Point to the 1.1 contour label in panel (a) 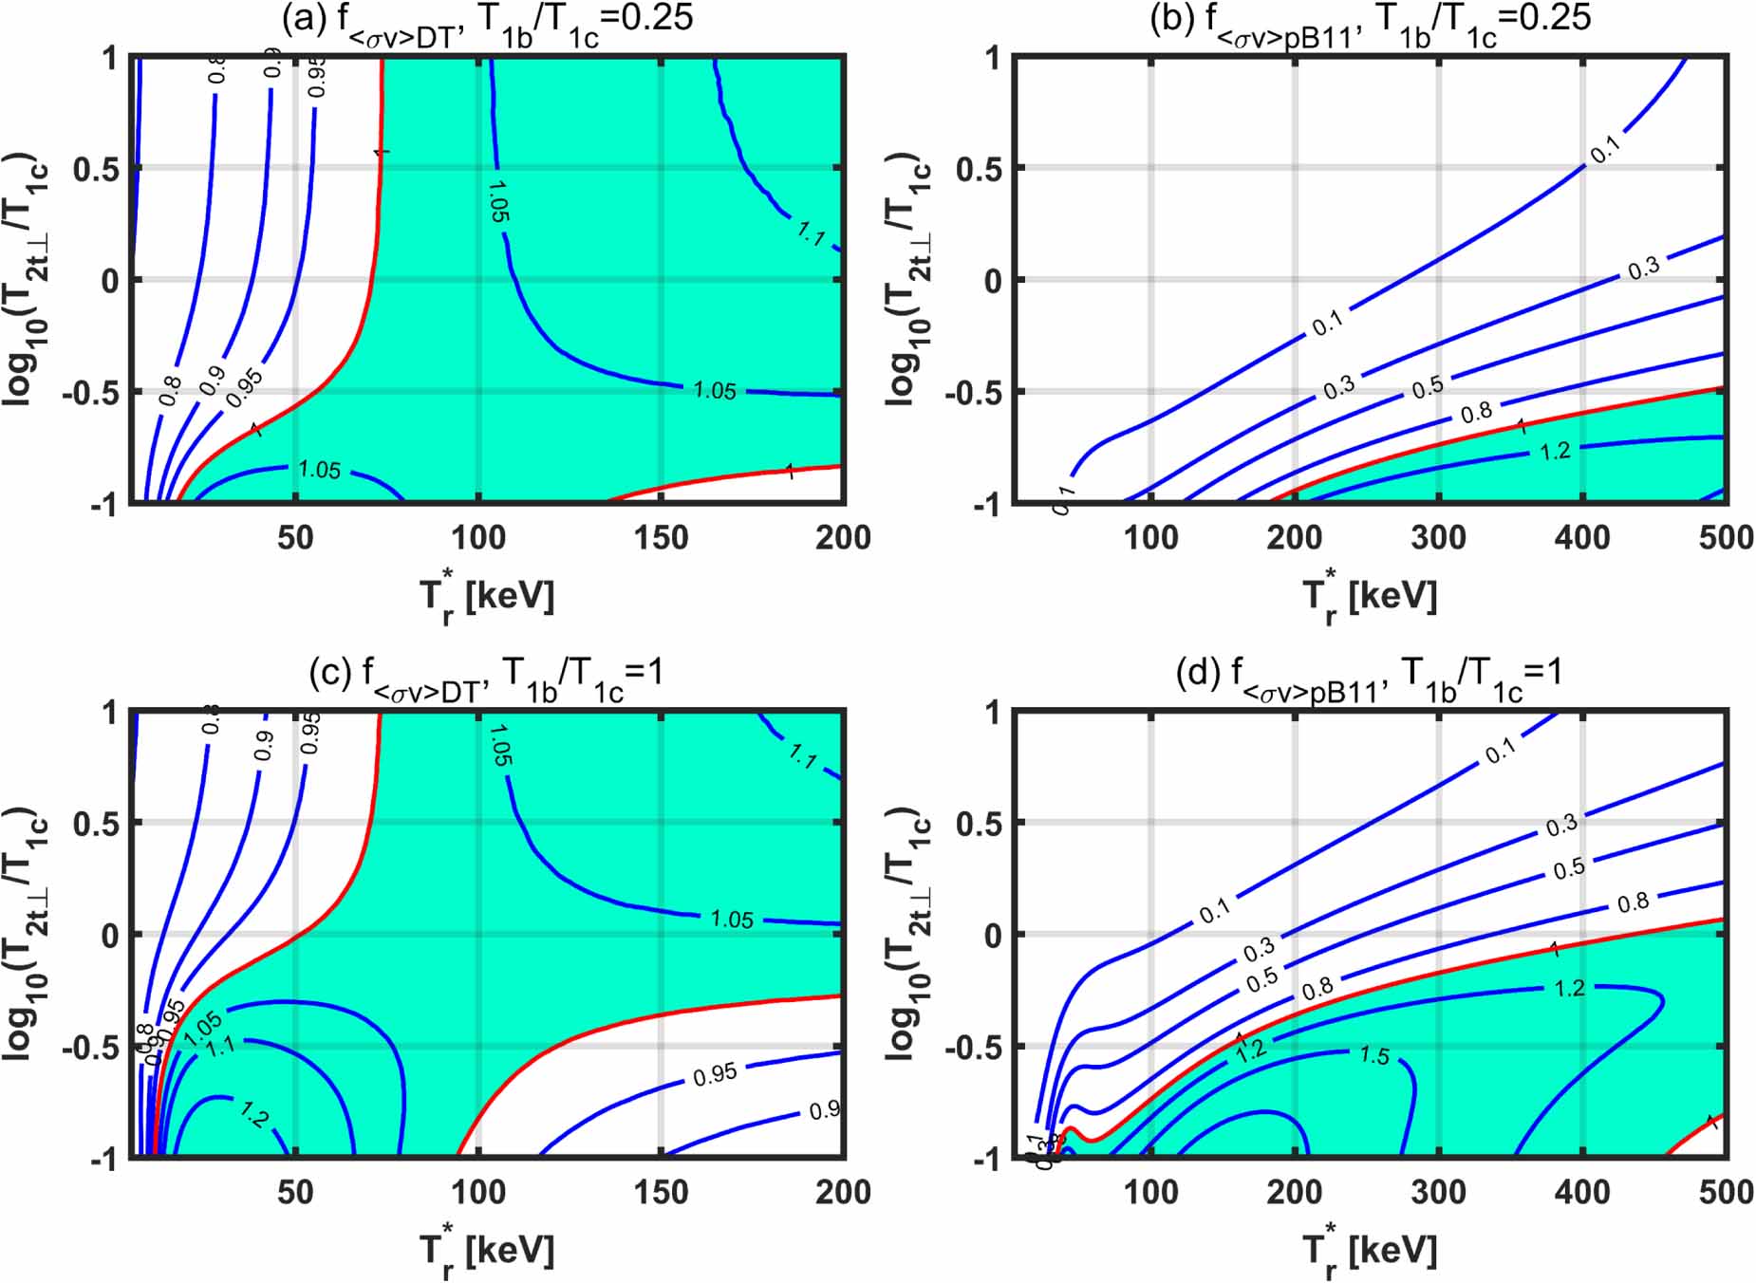pos(812,232)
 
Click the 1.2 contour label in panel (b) pos(1555,451)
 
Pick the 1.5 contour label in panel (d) pos(1374,1055)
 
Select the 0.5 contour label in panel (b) pos(1428,386)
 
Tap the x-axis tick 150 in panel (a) pos(661,537)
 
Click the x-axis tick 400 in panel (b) pos(1581,537)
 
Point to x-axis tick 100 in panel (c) pos(477,1192)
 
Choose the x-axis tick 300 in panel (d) pos(1438,1192)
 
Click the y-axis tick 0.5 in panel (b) pos(978,169)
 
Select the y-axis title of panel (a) pos(27,280)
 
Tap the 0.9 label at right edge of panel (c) pos(824,1109)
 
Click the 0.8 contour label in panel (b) pos(1477,412)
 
